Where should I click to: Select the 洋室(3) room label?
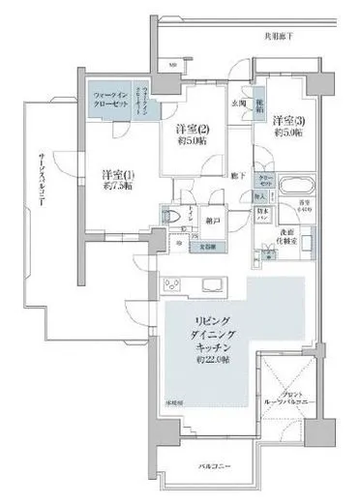(287, 121)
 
